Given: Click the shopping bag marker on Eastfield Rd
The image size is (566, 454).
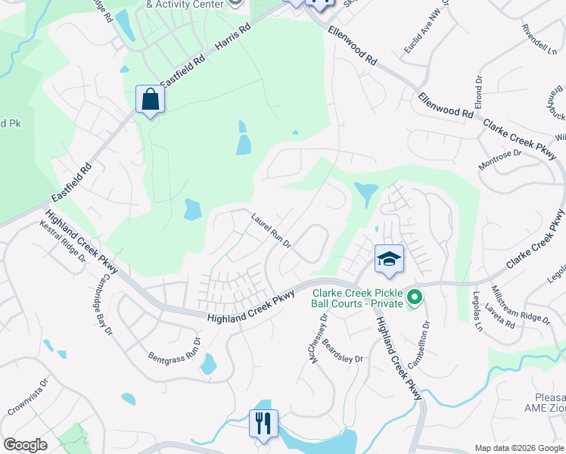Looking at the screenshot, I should tap(150, 100).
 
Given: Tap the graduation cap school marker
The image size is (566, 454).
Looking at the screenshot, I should tap(389, 260).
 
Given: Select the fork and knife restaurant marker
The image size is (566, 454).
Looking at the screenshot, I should tap(263, 424).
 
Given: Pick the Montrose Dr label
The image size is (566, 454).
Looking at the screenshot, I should tap(500, 159).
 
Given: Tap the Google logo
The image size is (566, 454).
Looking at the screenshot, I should tap(25, 445).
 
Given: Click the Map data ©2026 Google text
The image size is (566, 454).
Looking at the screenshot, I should tap(518, 448).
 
